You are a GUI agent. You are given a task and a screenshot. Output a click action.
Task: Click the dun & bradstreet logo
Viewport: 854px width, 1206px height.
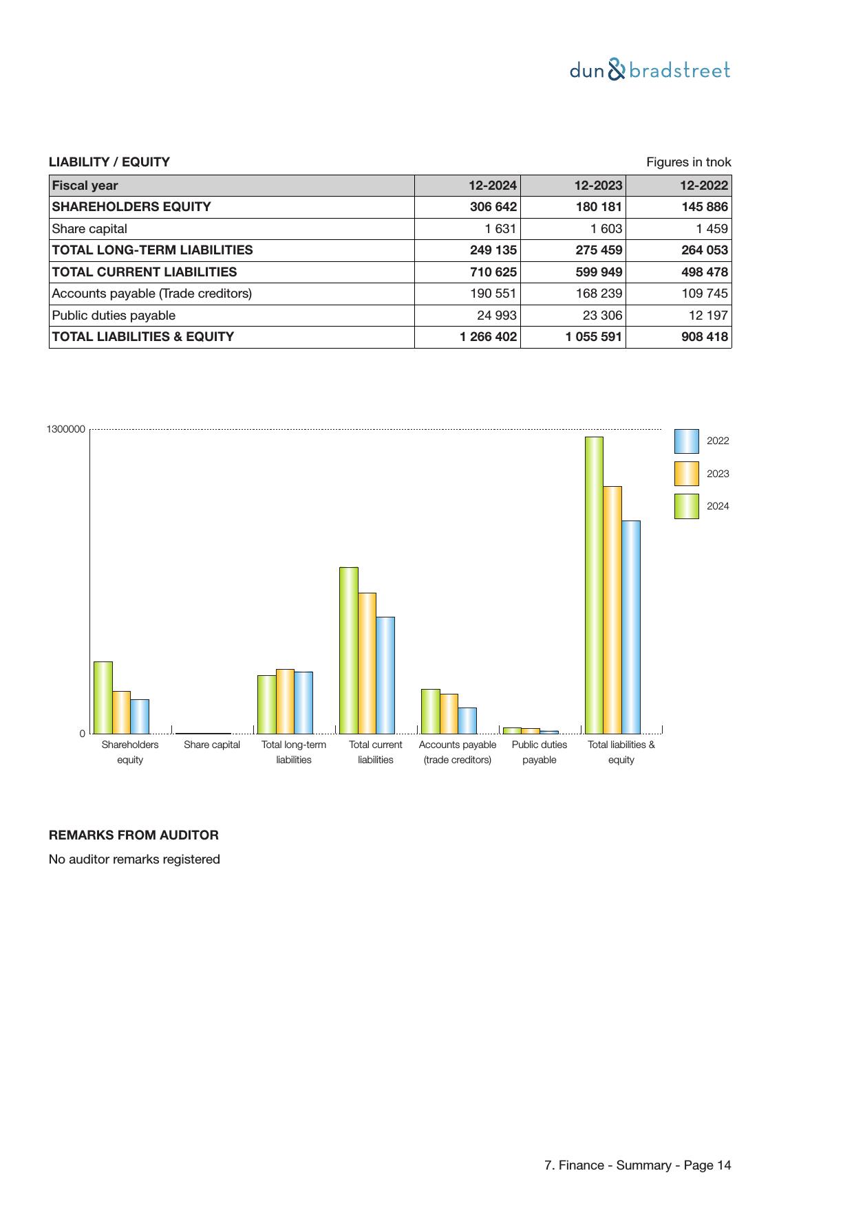point(650,70)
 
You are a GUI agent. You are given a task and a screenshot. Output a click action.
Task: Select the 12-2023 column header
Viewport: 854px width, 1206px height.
point(598,186)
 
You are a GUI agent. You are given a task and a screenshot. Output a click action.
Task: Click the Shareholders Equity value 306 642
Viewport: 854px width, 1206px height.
point(493,207)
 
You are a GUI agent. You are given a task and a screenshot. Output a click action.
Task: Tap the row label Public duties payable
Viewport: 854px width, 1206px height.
point(114,316)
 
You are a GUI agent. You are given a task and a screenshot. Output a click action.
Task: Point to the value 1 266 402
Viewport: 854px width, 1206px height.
point(488,337)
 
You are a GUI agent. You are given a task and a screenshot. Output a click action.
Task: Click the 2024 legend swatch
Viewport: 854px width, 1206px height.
point(686,506)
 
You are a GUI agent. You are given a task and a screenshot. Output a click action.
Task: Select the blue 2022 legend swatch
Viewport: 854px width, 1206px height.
point(686,441)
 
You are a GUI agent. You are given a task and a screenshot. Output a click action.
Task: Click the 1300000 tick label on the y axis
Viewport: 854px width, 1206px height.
point(66,430)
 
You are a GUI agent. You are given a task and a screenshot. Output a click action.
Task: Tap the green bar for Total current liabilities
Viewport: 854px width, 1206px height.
point(348,650)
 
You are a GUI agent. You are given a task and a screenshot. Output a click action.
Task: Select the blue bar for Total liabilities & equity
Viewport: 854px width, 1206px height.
point(630,626)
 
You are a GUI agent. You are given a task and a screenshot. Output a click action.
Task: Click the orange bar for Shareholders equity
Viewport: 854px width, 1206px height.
point(121,712)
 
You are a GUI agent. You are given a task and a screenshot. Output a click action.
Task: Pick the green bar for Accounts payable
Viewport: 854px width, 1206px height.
point(430,711)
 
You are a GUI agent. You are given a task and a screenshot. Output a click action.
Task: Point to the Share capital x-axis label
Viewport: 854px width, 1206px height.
point(212,745)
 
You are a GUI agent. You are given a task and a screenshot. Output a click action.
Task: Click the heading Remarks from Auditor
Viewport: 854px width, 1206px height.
point(134,835)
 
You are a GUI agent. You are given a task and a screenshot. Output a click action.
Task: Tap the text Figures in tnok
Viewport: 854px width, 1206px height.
point(688,162)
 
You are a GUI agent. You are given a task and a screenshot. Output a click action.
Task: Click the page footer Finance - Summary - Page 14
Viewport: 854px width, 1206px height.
point(637,1165)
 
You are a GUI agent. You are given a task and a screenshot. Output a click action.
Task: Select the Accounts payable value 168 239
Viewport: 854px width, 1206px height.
point(599,294)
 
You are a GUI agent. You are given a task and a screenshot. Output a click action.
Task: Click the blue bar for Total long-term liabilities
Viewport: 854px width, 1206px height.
point(303,702)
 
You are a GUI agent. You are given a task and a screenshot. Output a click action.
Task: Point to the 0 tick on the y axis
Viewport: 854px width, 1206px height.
point(83,734)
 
